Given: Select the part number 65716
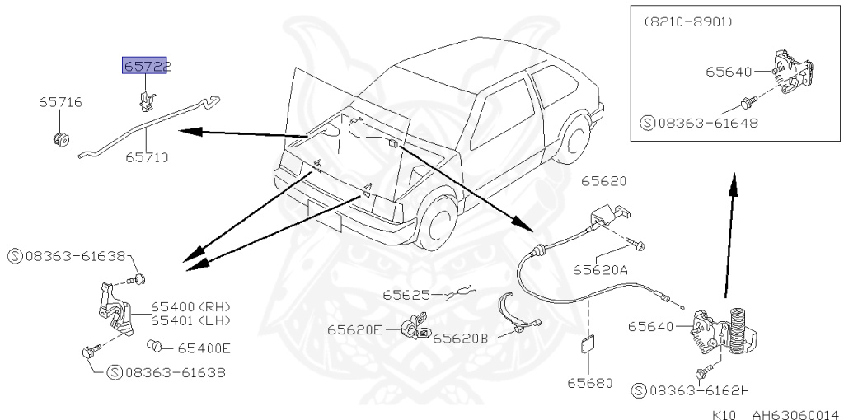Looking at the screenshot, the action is pyautogui.click(x=60, y=103).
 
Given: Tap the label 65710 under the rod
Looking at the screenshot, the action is pyautogui.click(x=147, y=156).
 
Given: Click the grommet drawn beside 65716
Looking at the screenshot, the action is pyautogui.click(x=61, y=137).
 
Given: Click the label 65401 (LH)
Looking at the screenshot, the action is pyautogui.click(x=190, y=320).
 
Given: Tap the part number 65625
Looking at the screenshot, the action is pyautogui.click(x=406, y=294).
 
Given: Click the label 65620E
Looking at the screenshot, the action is pyautogui.click(x=354, y=329).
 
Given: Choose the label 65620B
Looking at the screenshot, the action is pyautogui.click(x=461, y=338).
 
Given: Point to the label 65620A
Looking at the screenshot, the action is pyautogui.click(x=601, y=269).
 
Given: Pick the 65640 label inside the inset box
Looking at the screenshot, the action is pyautogui.click(x=729, y=72).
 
